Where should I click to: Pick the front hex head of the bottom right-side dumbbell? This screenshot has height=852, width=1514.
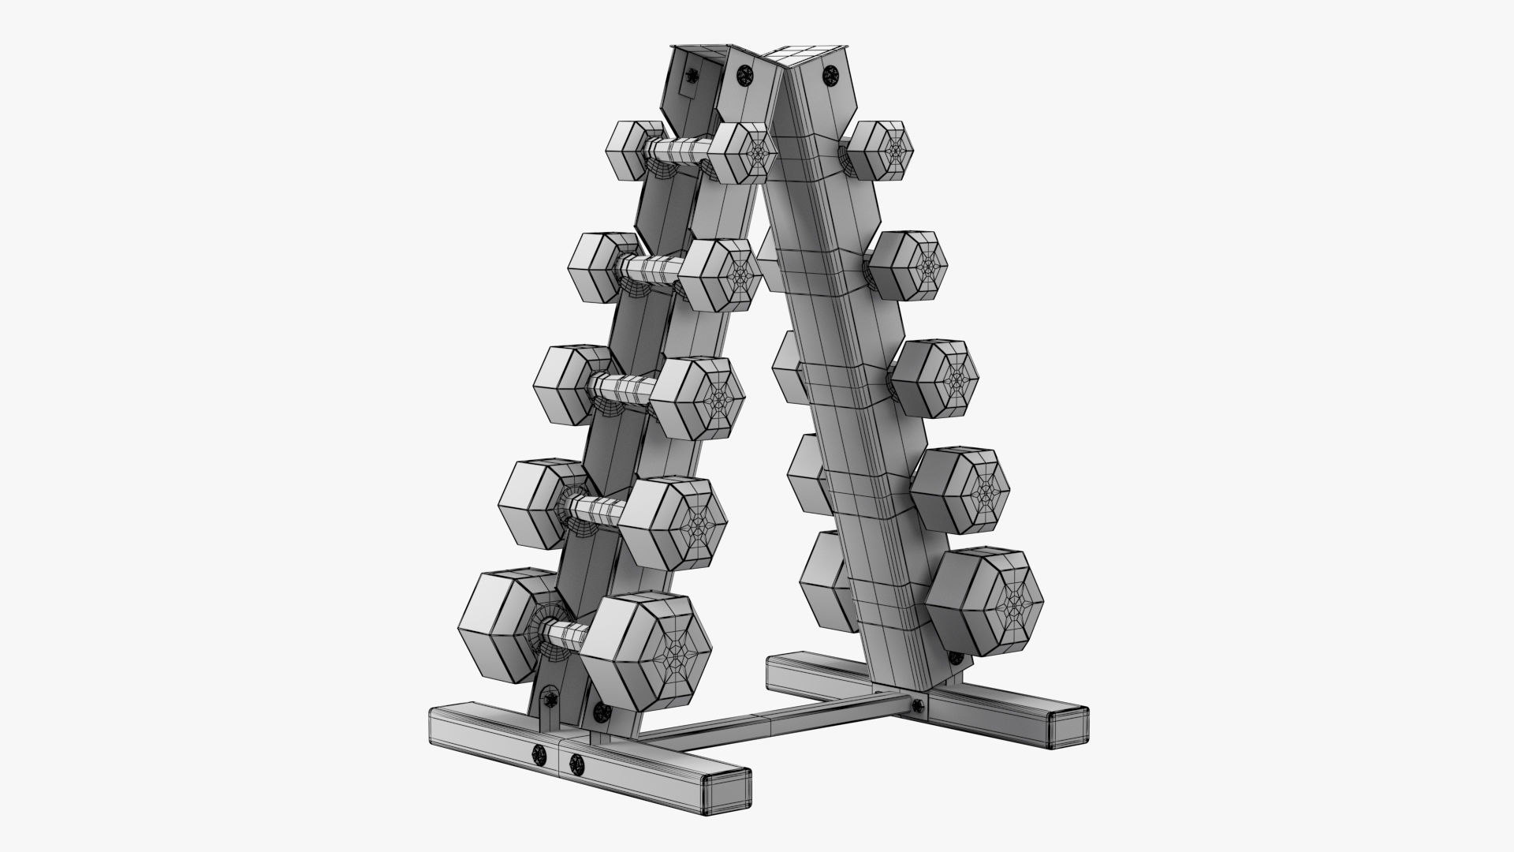986,601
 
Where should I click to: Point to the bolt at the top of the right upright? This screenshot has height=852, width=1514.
830,76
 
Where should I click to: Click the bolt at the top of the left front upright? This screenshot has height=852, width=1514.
744,75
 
